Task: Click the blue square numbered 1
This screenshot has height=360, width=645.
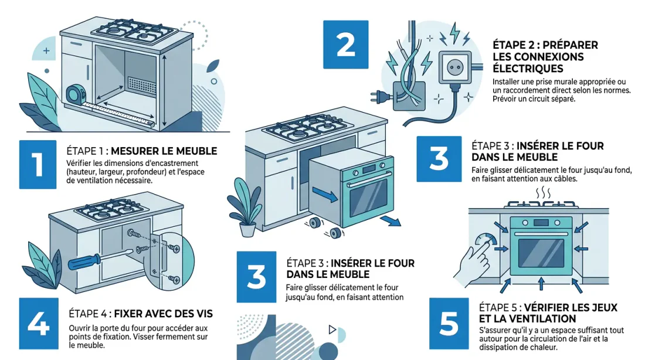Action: coord(36,165)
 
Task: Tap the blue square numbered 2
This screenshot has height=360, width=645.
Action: coord(346,43)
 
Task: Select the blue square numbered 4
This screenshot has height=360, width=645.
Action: coord(39,322)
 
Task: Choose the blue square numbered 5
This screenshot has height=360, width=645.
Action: coord(449,322)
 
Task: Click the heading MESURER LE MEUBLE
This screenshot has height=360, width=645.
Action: coord(164,151)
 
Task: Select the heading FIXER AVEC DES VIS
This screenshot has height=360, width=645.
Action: coord(162,314)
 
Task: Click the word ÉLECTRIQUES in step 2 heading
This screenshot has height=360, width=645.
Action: coord(522,69)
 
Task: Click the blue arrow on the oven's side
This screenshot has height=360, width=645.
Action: coord(326,195)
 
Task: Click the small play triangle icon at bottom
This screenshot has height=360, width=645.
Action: coord(332,330)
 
